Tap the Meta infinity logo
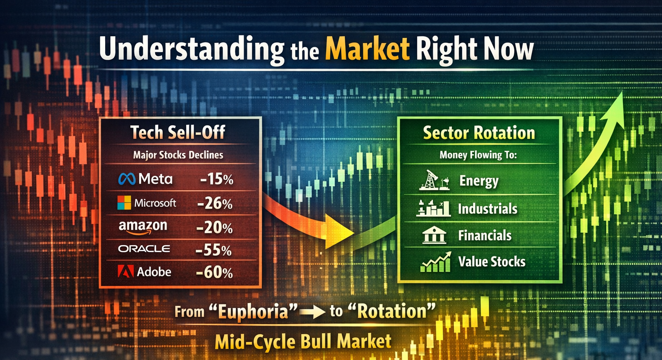click(x=127, y=179)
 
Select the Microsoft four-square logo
click(x=124, y=203)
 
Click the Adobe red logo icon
click(x=125, y=271)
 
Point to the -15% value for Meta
click(x=217, y=179)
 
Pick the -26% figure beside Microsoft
click(x=215, y=203)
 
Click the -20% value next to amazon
click(x=214, y=228)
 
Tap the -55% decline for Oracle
click(x=214, y=250)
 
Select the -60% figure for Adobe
click(x=215, y=272)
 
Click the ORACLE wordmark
click(x=144, y=249)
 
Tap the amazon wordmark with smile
click(x=143, y=227)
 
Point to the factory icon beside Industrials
click(x=433, y=208)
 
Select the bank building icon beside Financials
click(x=434, y=235)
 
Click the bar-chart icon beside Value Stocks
click(x=436, y=262)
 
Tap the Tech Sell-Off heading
click(x=178, y=132)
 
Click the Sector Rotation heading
click(x=479, y=132)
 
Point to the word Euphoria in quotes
click(x=253, y=312)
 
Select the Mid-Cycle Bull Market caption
click(x=303, y=341)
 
